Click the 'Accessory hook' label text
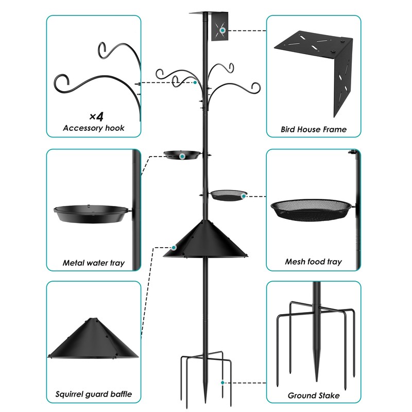[93, 128]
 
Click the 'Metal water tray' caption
[93, 263]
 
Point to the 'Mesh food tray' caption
[313, 262]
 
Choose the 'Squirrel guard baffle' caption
[93, 395]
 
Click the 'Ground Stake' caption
[313, 396]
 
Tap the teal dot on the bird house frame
[222, 31]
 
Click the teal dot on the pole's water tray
[182, 155]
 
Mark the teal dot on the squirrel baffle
[174, 248]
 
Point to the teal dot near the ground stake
[222, 383]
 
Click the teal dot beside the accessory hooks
[195, 82]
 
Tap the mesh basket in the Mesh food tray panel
[312, 209]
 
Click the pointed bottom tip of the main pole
[205, 399]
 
